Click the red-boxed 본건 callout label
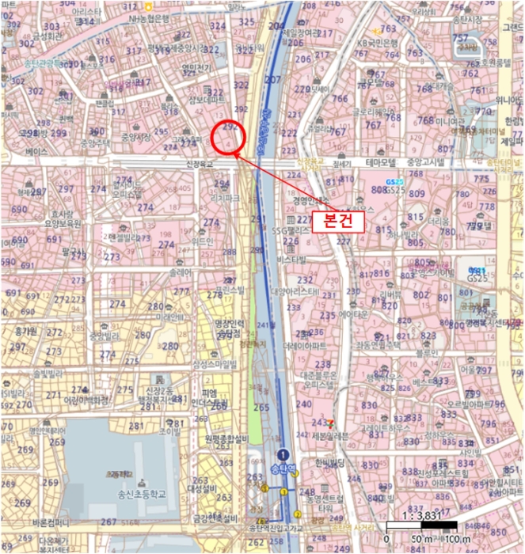tap(338, 221)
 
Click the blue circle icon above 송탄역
tap(283, 454)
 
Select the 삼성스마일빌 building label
tap(215, 364)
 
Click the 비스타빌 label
tap(291, 260)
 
